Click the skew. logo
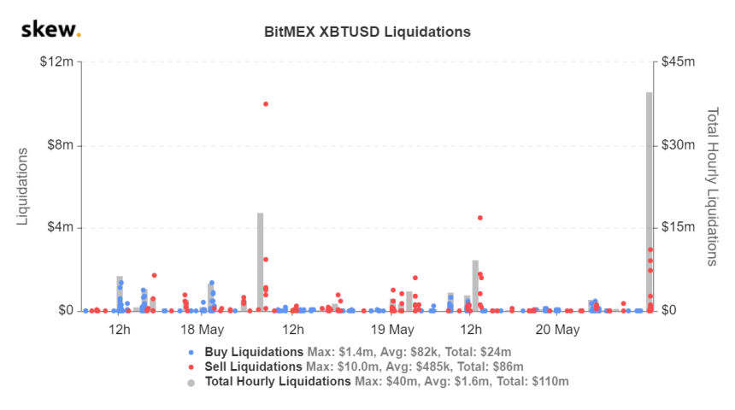pyautogui.click(x=50, y=32)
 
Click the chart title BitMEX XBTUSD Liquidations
pyautogui.click(x=367, y=32)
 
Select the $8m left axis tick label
pyautogui.click(x=57, y=145)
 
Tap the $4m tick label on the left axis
pyautogui.click(x=57, y=228)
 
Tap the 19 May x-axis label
pyautogui.click(x=393, y=330)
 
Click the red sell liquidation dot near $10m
pyautogui.click(x=266, y=103)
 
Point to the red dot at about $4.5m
pyautogui.click(x=480, y=218)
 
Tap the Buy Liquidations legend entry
pyautogui.click(x=254, y=352)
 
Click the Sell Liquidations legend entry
pyautogui.click(x=254, y=366)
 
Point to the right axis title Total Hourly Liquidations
pyautogui.click(x=712, y=186)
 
